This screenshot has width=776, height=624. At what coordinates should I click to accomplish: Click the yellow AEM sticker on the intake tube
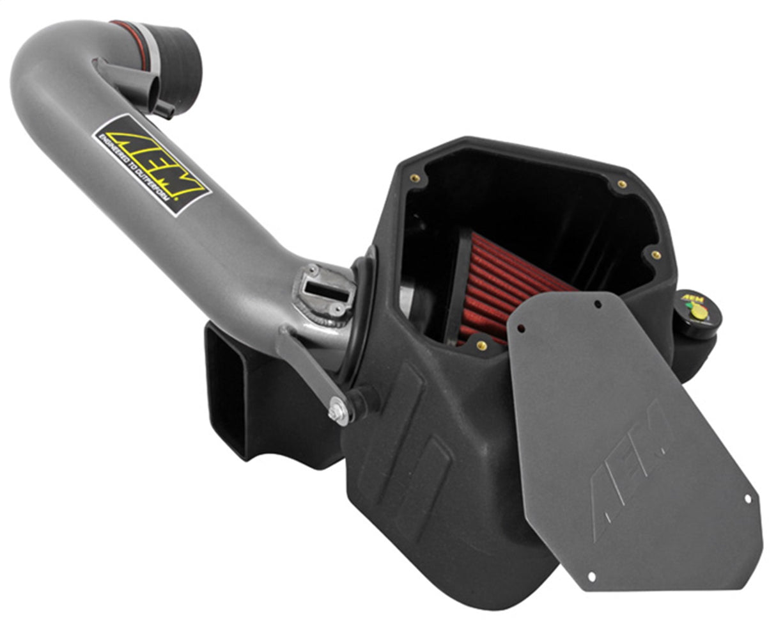152,164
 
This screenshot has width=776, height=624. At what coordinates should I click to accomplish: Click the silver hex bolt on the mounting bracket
339,412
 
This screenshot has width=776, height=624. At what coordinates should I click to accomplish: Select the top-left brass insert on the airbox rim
415,179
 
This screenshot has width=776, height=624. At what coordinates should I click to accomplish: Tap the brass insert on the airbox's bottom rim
481,346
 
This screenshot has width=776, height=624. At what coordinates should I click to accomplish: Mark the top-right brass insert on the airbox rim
621,184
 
